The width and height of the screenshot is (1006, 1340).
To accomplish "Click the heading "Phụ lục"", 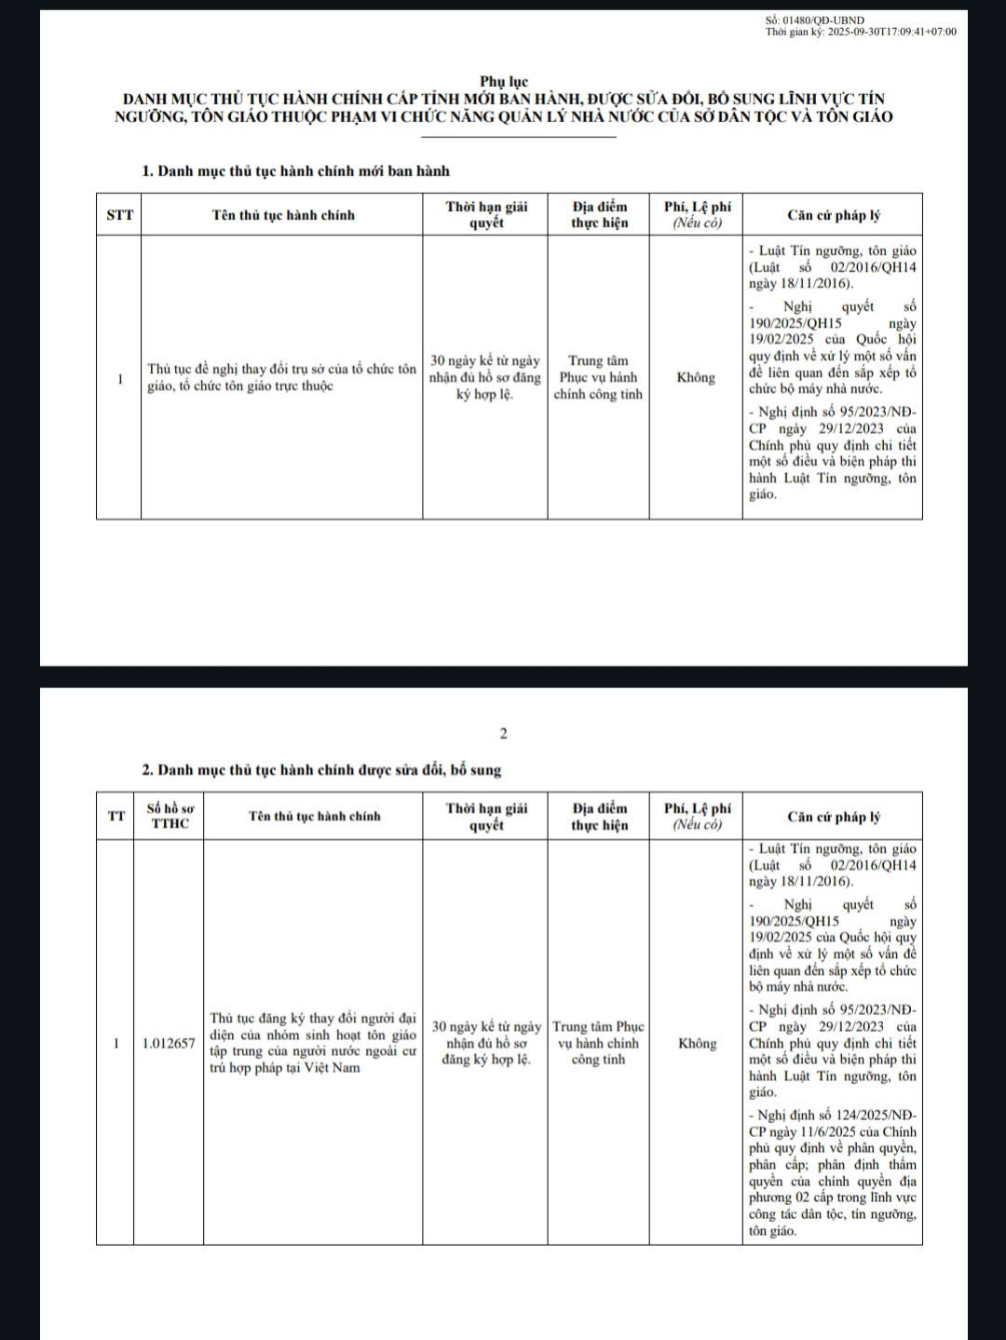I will pos(504,82).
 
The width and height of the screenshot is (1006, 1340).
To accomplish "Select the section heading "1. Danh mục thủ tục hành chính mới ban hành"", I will pos(295,170).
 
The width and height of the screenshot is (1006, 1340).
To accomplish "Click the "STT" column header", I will pos(119,215).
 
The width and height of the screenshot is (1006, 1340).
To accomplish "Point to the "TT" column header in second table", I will pos(116,817).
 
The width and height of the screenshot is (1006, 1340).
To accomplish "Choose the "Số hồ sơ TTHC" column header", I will pos(170,817).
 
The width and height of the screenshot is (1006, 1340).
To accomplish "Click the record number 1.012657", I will pos(170,1043).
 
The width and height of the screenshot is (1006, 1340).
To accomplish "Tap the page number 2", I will pos(504,734).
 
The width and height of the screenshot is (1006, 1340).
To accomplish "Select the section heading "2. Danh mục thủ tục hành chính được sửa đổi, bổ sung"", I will pos(321,770).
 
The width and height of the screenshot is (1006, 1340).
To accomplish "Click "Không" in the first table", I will pos(696,377).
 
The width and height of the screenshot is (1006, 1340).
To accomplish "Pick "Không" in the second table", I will pos(698,1043).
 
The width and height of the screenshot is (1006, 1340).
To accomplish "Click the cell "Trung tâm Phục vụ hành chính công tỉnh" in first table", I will pos(598,377).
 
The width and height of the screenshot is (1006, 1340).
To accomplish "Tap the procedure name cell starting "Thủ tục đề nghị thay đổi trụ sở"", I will pos(281,377).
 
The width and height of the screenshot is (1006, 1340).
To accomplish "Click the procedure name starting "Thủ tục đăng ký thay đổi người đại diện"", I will pos(313,1043).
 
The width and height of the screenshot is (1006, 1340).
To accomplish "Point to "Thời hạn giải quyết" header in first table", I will pos(486,215).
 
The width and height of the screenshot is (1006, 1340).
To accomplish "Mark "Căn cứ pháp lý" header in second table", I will pos(834,817).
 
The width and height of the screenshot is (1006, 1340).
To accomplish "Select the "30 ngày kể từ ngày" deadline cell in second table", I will pos(486,1043).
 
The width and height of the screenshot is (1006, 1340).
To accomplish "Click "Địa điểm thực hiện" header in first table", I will pos(599,215).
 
